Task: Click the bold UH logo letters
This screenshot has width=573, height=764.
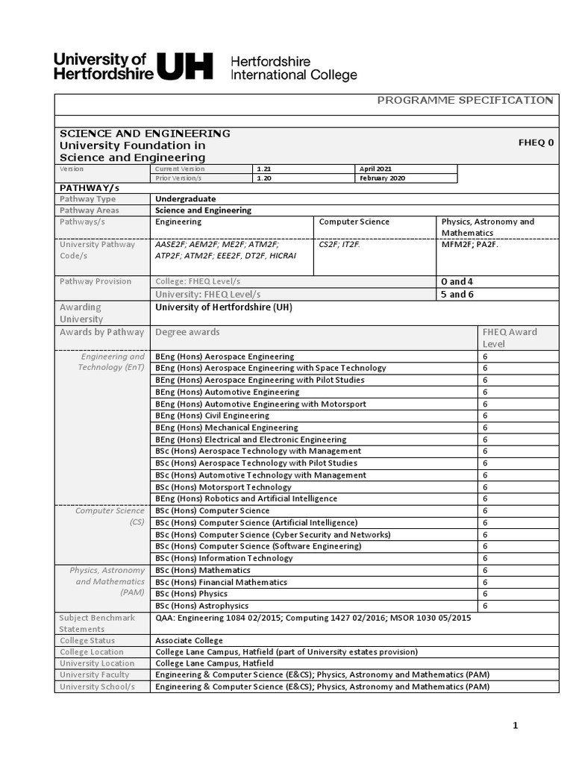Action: point(185,66)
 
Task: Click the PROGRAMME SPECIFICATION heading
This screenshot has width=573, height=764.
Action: point(465,100)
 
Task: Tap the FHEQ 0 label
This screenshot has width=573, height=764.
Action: point(536,142)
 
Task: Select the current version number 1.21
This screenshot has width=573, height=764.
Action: point(264,169)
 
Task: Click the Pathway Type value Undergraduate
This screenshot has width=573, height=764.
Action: point(186,199)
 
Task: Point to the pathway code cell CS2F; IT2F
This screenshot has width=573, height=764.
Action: point(339,245)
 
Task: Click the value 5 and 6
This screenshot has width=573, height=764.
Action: point(457,294)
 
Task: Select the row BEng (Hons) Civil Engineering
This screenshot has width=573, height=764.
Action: point(213,416)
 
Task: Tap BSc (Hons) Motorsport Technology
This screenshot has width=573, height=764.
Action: point(223,487)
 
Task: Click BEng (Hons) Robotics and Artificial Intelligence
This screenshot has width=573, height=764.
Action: point(246,498)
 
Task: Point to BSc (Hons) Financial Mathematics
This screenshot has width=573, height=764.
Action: point(221,582)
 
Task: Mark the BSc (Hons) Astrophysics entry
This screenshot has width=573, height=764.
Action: point(202,606)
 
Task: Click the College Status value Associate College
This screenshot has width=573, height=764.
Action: point(189,640)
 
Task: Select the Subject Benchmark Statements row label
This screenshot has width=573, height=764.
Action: point(97,623)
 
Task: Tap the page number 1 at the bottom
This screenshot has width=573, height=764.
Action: point(515,725)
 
